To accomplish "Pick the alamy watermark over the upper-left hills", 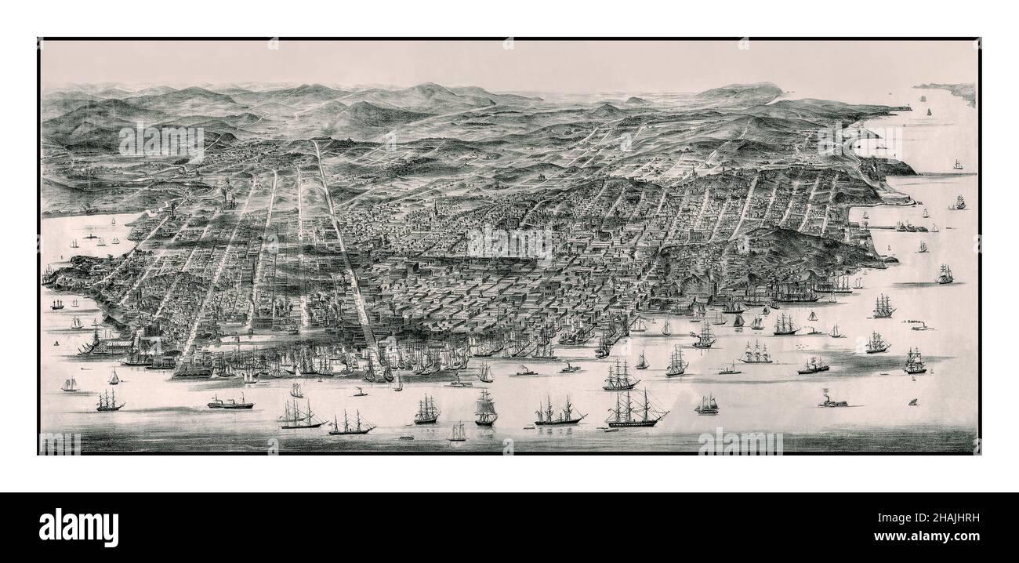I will pos(161,143).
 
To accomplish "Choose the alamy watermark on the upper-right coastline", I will pos(859,142).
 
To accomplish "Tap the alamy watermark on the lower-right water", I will pos(740,443).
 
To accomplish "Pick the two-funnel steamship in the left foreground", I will pos(230,402).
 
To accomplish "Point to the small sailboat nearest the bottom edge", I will pos(457,431).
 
